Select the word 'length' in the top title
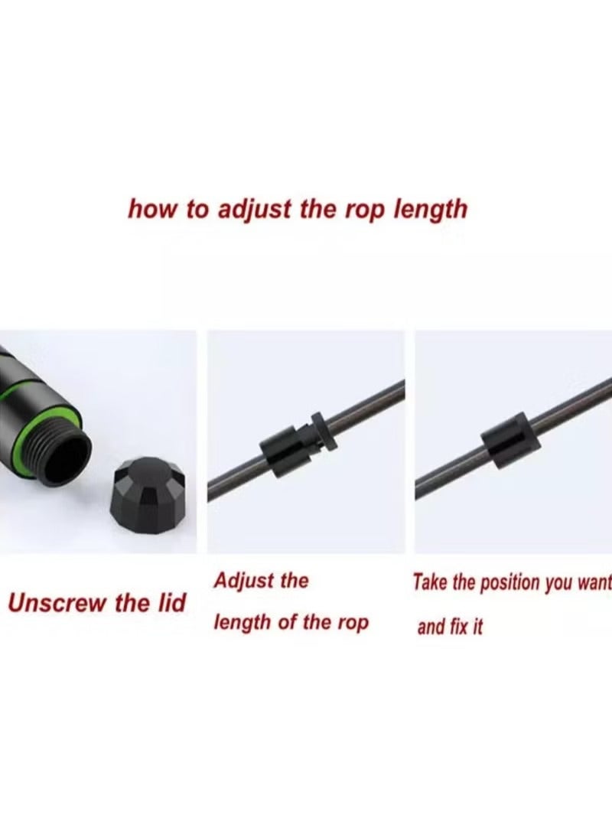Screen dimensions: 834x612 point(429,210)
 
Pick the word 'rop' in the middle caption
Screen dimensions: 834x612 point(351,622)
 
